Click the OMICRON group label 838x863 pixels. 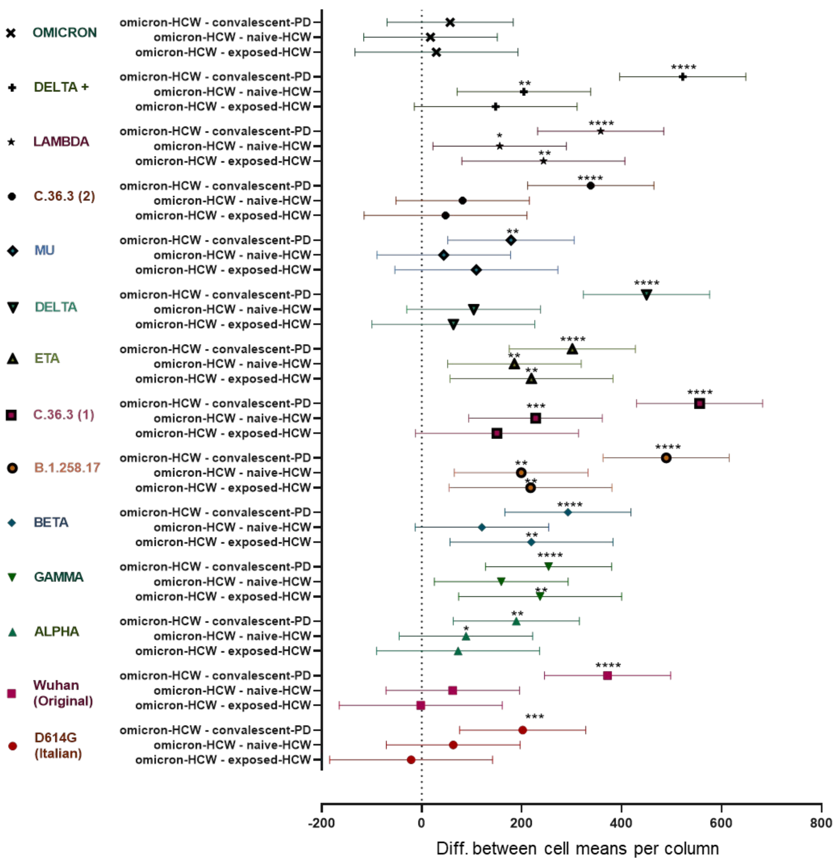64,33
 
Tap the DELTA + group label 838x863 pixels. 61,87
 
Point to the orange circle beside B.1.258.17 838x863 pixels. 12,468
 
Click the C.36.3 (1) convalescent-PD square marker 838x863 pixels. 699,403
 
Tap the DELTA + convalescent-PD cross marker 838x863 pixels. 683,77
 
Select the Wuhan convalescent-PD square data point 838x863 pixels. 607,675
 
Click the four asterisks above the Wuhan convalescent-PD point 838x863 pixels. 608,665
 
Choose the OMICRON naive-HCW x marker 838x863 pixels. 431,37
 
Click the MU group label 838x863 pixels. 44,251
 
